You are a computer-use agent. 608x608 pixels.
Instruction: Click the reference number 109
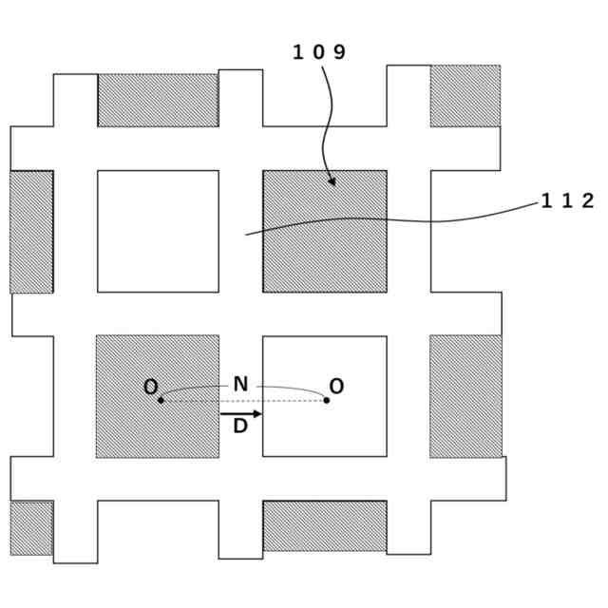[x=318, y=52]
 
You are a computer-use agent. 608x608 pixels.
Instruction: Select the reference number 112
[x=567, y=200]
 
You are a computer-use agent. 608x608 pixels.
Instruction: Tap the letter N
[x=240, y=385]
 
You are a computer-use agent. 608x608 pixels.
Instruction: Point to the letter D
[x=240, y=427]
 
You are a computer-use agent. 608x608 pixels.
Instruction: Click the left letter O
[x=150, y=387]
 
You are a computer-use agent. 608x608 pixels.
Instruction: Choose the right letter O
[x=336, y=387]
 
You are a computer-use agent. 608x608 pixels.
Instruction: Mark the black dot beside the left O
[x=161, y=400]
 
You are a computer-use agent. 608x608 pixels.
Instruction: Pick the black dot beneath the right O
[x=327, y=400]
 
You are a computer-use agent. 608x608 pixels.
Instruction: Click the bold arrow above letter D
[x=241, y=413]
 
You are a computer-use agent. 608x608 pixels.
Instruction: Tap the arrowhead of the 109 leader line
[x=332, y=181]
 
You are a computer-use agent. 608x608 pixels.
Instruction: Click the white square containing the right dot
[x=325, y=427]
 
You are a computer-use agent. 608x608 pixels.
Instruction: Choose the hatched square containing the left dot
[x=157, y=427]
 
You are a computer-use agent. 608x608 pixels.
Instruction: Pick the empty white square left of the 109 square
[x=158, y=231]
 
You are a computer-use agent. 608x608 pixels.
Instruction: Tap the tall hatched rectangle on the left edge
[x=31, y=231]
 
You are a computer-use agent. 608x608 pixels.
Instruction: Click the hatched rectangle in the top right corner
[x=465, y=95]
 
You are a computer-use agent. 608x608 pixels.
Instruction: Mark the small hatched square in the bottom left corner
[x=31, y=527]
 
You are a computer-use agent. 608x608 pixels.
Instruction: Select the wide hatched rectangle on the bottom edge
[x=325, y=525]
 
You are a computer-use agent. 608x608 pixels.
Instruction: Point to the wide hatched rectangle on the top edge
[x=158, y=100]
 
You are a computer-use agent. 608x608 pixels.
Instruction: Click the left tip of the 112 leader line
[x=246, y=234]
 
